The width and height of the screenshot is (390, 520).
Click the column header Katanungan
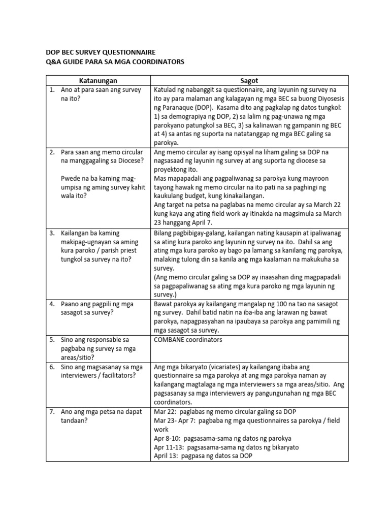click(98, 80)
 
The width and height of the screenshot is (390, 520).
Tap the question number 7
click(52, 411)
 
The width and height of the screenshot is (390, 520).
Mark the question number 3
click(52, 233)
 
